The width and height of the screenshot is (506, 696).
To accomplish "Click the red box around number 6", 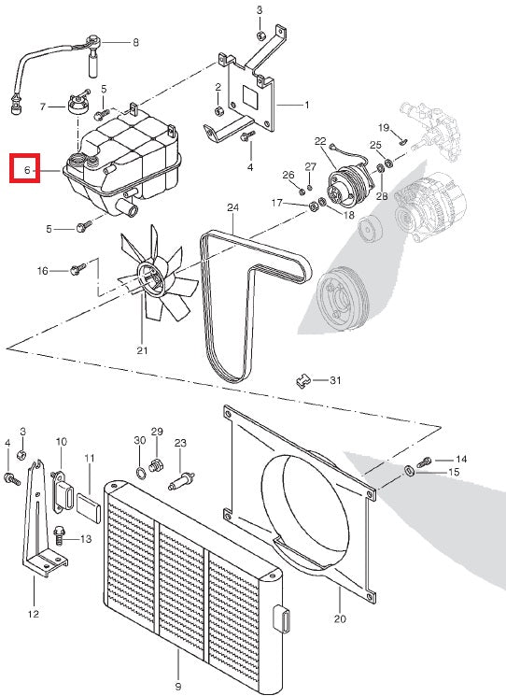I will [x=23, y=169].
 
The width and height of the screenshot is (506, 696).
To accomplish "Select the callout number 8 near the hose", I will [x=135, y=42].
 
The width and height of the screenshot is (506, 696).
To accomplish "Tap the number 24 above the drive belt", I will [x=232, y=206].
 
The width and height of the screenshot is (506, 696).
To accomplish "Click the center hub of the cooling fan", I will [x=147, y=274].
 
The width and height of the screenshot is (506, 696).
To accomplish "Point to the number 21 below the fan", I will [x=142, y=351].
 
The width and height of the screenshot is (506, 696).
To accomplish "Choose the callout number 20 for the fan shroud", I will [x=339, y=618].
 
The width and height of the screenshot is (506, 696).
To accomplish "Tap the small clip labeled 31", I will [x=302, y=379].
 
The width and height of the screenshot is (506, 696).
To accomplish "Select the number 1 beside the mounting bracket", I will [x=307, y=105].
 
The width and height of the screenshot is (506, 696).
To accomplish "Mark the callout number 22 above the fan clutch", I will [x=320, y=141].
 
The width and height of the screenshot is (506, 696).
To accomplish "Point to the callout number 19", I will [x=383, y=126].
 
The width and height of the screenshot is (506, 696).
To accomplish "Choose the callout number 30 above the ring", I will [x=140, y=439].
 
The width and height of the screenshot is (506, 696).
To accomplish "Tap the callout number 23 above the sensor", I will [x=180, y=442].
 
